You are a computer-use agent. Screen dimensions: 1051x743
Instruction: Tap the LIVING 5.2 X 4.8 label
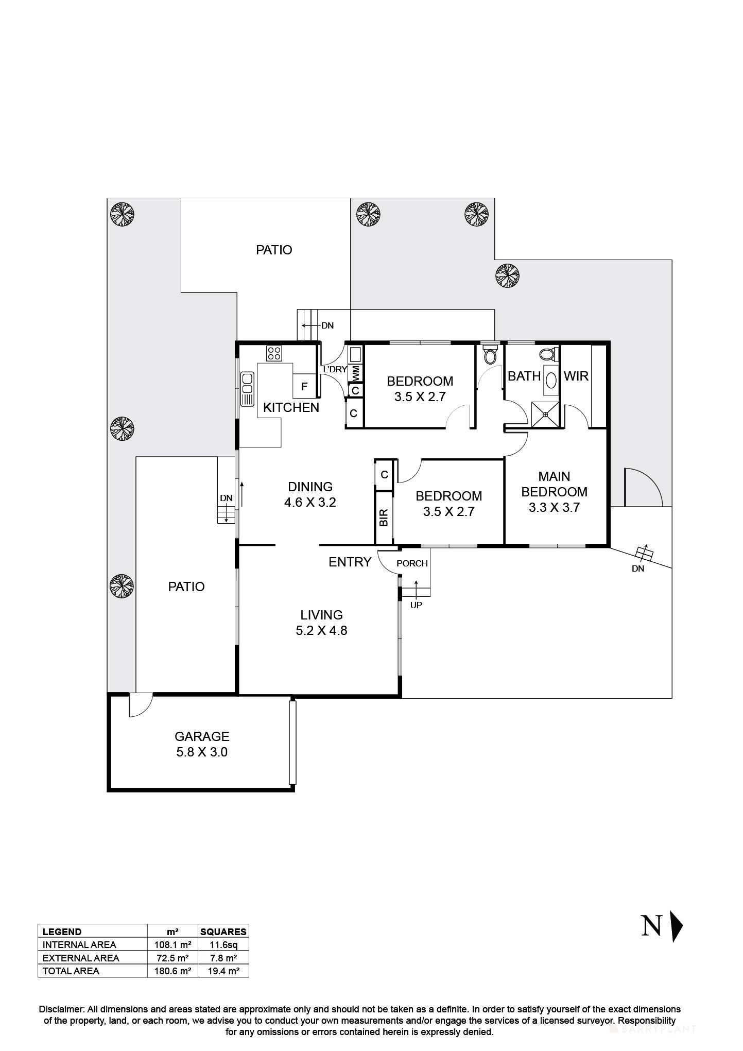(x=321, y=623)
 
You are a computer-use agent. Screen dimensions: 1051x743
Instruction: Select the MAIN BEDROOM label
(x=554, y=491)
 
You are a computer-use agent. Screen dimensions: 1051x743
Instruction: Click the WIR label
(x=576, y=376)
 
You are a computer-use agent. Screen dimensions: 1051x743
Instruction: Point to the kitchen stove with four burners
(x=274, y=353)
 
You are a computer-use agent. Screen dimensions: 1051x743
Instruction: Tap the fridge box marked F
(x=304, y=387)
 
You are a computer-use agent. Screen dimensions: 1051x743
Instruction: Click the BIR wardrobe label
(x=384, y=518)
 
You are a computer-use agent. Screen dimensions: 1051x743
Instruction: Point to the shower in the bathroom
(x=545, y=413)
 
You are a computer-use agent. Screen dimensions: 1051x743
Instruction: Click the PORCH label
(x=412, y=563)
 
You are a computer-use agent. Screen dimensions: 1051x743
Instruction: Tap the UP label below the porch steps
(x=416, y=605)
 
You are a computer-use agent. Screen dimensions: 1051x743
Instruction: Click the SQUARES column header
(x=223, y=932)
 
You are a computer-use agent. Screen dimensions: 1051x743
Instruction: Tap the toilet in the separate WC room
(x=490, y=355)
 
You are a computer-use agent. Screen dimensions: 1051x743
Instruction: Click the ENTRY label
(x=350, y=562)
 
